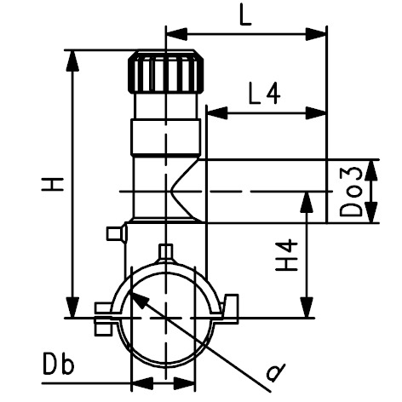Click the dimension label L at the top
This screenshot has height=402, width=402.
(x=245, y=14)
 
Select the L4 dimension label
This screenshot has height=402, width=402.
(x=265, y=93)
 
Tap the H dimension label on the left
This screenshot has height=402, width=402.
(x=53, y=184)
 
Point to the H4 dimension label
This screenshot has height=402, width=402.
(x=287, y=256)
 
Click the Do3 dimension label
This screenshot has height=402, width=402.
(x=351, y=192)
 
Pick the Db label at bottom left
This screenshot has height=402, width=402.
(x=59, y=364)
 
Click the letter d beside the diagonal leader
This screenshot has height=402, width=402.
(x=275, y=372)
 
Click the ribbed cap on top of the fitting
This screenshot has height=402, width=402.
(x=166, y=72)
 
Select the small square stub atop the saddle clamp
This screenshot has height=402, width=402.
(x=166, y=251)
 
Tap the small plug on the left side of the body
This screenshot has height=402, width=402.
(x=117, y=233)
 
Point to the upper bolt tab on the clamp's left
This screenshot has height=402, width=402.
(x=104, y=308)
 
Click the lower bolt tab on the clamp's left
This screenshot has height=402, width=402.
(x=103, y=329)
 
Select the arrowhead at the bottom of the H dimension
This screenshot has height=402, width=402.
(x=72, y=307)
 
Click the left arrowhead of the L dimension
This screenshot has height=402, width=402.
(x=176, y=34)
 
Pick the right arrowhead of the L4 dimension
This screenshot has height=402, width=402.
(x=316, y=113)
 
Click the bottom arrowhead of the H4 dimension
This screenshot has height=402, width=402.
(x=307, y=307)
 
